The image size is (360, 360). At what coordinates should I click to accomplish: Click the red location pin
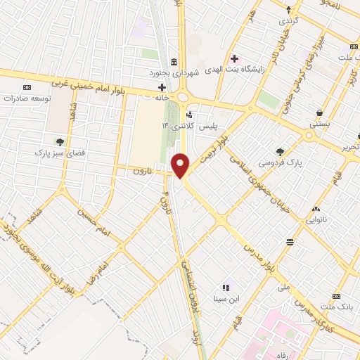(x=181, y=165)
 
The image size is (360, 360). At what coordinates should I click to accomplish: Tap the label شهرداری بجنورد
(x=205, y=72)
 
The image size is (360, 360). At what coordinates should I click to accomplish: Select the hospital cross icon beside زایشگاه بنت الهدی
(x=235, y=58)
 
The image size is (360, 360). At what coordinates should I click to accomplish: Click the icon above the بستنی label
(x=320, y=112)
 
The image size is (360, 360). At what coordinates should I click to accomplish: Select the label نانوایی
(x=315, y=220)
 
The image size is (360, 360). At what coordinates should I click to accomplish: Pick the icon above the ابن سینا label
(x=226, y=288)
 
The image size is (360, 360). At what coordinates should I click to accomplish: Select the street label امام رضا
(x=103, y=270)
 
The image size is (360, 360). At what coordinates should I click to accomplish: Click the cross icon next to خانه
(x=161, y=87)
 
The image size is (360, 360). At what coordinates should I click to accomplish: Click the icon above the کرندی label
(x=289, y=11)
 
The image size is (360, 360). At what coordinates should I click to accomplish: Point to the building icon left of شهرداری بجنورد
(x=174, y=61)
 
